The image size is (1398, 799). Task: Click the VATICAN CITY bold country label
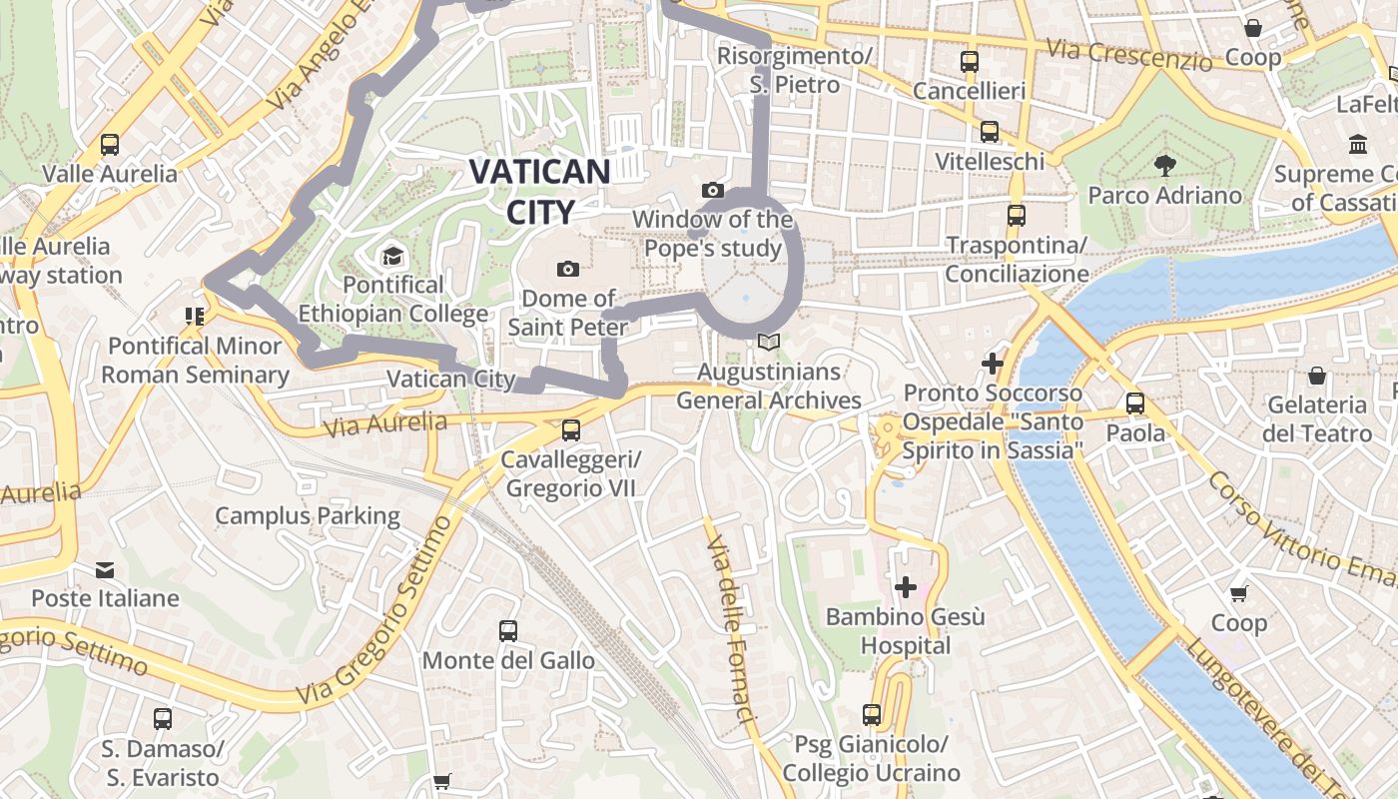(x=539, y=191)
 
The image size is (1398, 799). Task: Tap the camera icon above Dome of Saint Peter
(x=568, y=269)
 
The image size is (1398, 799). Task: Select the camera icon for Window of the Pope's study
(x=712, y=190)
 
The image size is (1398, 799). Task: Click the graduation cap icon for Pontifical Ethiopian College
(x=392, y=256)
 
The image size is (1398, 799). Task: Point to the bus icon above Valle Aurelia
(x=110, y=145)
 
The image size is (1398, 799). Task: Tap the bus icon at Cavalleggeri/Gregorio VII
(x=570, y=430)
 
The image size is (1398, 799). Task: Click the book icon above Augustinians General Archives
(x=768, y=343)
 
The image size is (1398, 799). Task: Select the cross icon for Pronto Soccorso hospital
(x=992, y=364)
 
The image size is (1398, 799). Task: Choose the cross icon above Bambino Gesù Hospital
(x=906, y=587)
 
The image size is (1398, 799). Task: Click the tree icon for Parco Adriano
(x=1164, y=165)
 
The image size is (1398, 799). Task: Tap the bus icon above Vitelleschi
(x=989, y=132)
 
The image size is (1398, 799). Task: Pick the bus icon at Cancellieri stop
(x=969, y=62)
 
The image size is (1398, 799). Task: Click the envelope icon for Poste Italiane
(x=105, y=570)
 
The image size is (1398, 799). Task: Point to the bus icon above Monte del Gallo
(x=508, y=631)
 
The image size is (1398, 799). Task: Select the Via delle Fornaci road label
(x=729, y=629)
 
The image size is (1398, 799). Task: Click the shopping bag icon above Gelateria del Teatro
(x=1317, y=376)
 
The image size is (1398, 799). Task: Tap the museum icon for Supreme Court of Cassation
(x=1358, y=145)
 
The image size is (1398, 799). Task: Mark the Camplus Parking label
(x=308, y=516)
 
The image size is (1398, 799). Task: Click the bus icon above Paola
(x=1135, y=403)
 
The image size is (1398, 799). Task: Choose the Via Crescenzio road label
(x=1129, y=55)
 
